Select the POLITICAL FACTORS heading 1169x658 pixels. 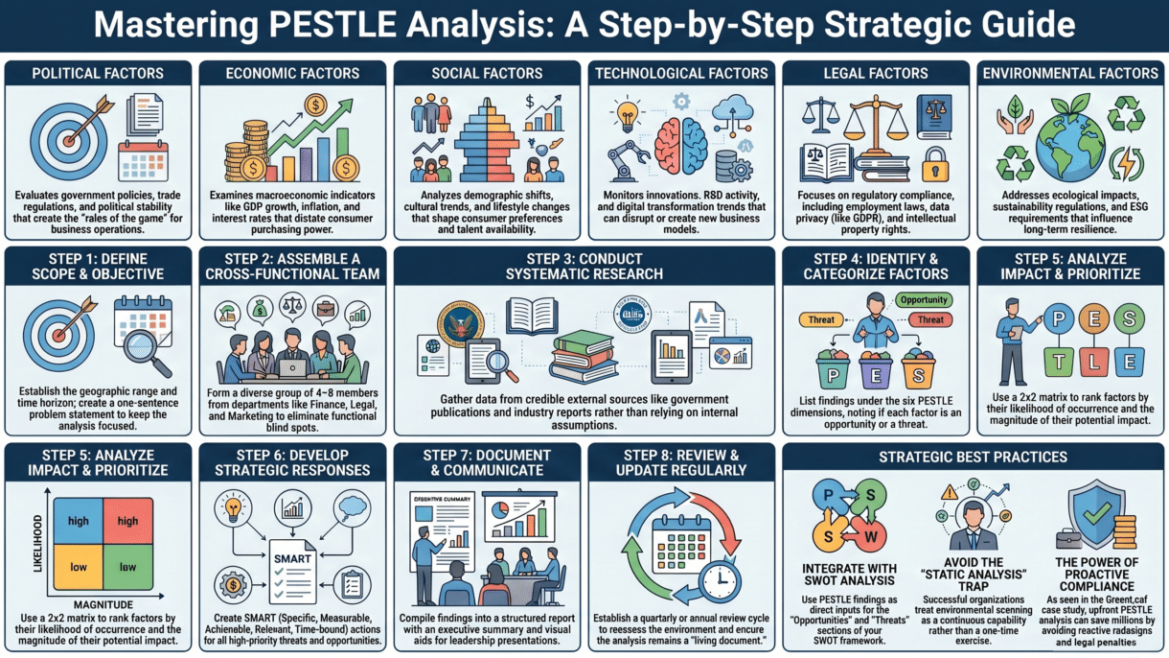pyautogui.click(x=98, y=73)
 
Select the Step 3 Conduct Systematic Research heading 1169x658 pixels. pyautogui.click(x=584, y=266)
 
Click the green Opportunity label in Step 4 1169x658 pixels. pyautogui.click(x=926, y=299)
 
